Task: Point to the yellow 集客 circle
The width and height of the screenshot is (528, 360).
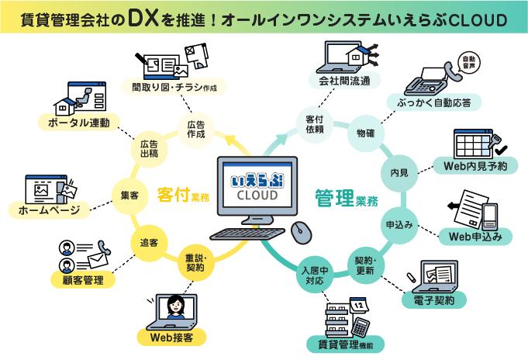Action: pyautogui.click(x=129, y=196)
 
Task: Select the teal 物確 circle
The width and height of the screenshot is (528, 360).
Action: pyautogui.click(x=365, y=133)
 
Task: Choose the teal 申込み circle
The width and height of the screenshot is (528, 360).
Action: pyautogui.click(x=399, y=225)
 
